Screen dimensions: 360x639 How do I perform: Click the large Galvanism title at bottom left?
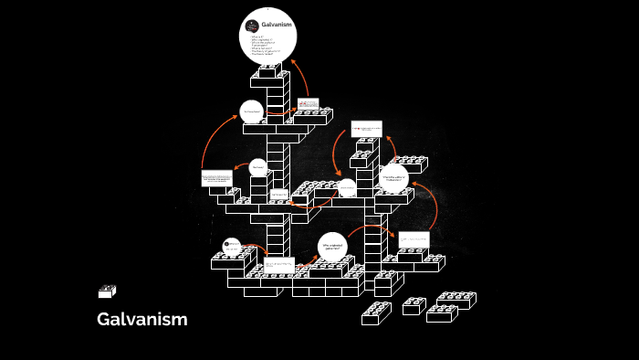[x=141, y=319]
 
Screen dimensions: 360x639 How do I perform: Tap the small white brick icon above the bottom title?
[x=107, y=291]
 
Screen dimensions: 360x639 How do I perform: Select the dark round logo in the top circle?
[x=252, y=26]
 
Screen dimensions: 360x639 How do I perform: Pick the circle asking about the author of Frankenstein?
[x=396, y=179]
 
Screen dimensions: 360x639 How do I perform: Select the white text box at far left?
[x=216, y=177]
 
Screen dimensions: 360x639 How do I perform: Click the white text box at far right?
[x=414, y=239]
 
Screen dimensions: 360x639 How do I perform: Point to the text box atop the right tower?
[x=367, y=129]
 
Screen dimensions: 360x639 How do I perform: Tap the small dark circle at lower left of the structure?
[x=232, y=245]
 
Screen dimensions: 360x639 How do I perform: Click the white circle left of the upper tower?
[x=252, y=112]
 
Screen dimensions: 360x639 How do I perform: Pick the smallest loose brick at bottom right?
[x=414, y=306]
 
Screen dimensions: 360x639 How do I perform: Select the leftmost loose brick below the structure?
[x=375, y=314]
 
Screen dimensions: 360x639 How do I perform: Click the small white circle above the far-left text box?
[x=258, y=168]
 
